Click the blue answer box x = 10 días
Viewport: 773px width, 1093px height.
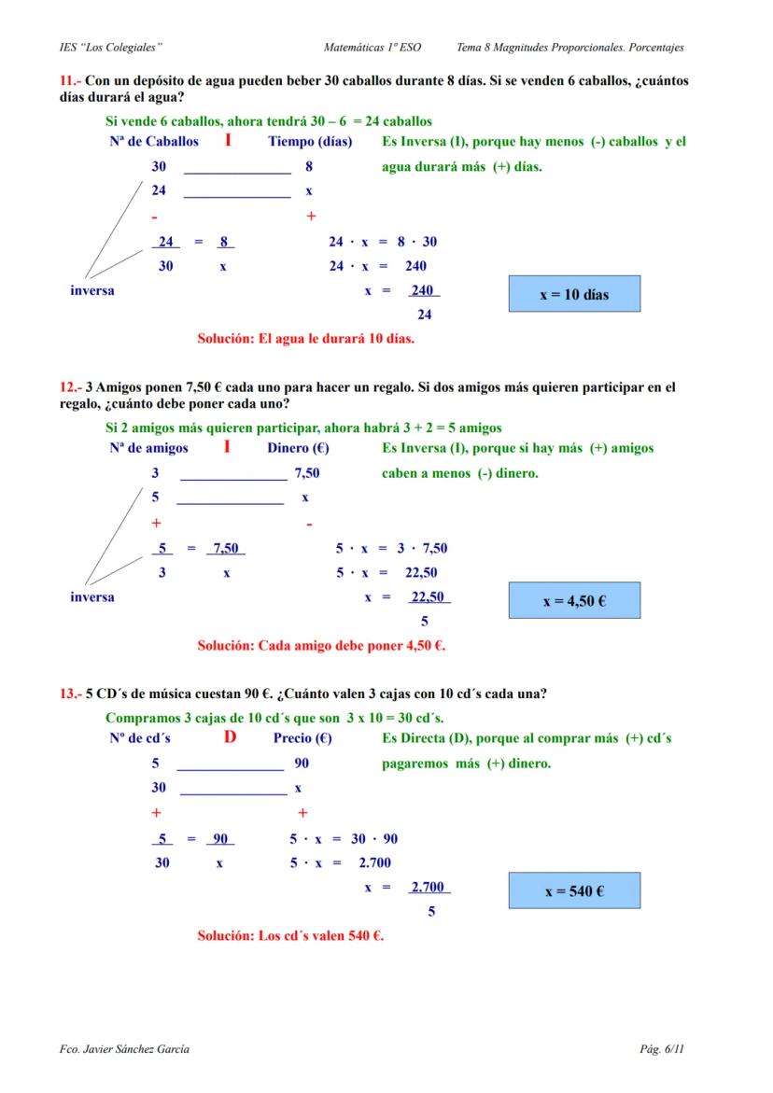coord(574,294)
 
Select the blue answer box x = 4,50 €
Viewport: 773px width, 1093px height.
coord(574,600)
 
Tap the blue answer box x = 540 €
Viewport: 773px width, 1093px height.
coord(574,891)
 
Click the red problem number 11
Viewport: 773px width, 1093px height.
coord(69,81)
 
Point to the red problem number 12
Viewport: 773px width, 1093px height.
coord(69,387)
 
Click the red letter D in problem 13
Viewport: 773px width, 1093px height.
coord(230,737)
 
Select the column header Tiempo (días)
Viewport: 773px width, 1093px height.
coord(310,142)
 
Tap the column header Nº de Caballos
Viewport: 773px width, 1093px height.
coord(154,142)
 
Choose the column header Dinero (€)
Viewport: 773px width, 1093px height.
coord(299,448)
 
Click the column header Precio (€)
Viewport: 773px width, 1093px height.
coord(303,738)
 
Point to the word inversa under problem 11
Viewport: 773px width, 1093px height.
coord(92,290)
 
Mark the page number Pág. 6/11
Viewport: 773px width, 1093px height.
coord(662,1049)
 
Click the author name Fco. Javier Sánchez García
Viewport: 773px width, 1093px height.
coord(124,1049)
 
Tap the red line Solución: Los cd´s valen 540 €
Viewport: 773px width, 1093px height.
coord(290,935)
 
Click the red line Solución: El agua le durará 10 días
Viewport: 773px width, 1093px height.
coord(306,338)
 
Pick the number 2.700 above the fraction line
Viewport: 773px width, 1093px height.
coord(429,888)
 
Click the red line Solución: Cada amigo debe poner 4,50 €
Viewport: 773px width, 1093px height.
coord(321,644)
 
